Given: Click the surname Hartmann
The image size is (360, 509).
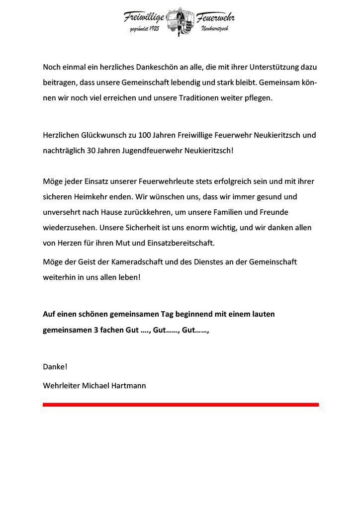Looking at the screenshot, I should [x=129, y=385].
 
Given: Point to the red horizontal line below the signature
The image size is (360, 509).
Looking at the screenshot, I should [x=180, y=405].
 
